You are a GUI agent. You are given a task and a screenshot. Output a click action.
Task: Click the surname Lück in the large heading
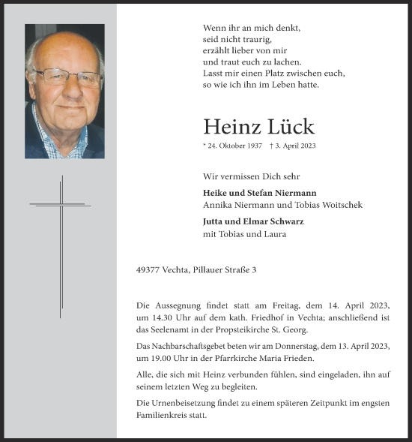click(x=289, y=127)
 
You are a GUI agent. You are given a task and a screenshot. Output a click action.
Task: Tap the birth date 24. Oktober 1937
click(x=235, y=146)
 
